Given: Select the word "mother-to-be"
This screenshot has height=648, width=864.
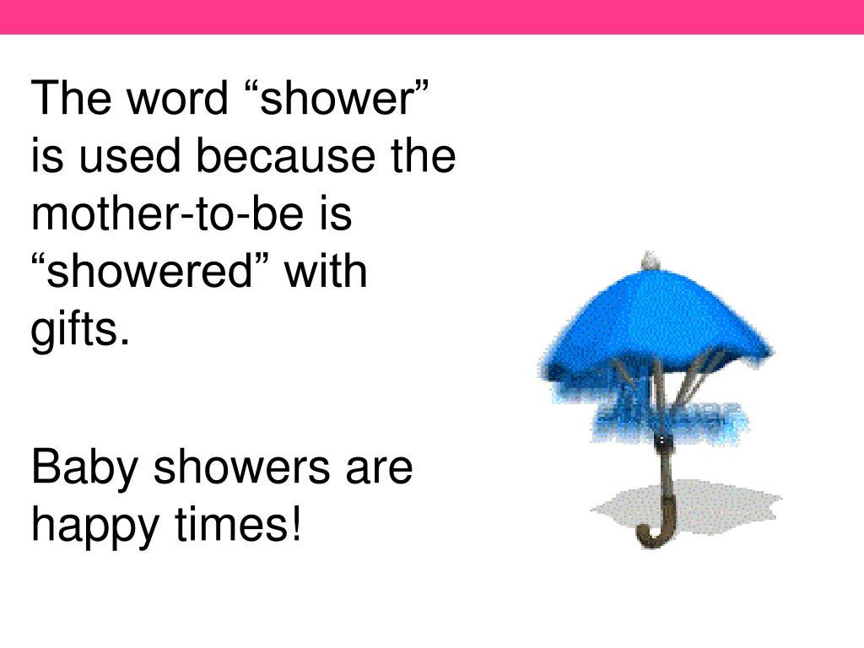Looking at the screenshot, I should click(x=165, y=214).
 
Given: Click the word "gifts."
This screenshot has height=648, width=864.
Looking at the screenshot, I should click(x=81, y=330).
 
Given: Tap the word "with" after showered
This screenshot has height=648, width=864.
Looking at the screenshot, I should click(x=326, y=273).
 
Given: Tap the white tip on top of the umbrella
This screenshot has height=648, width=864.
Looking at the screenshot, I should click(x=649, y=261).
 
